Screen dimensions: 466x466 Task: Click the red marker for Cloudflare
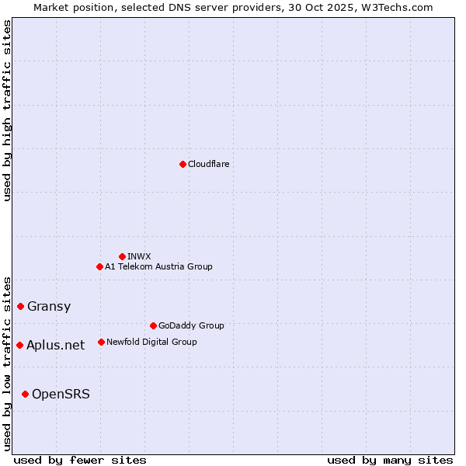click(x=183, y=164)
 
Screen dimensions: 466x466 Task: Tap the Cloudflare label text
click(x=208, y=164)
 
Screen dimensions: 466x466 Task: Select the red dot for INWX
click(x=122, y=256)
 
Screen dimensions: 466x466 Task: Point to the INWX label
click(x=139, y=256)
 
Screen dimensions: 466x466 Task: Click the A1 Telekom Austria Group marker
click(x=99, y=266)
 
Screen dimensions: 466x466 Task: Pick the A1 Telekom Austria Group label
click(x=158, y=266)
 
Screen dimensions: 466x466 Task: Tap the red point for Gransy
click(x=20, y=306)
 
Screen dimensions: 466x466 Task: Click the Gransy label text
click(x=49, y=306)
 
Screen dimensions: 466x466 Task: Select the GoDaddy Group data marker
click(x=153, y=325)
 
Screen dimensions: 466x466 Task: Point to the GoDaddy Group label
click(x=191, y=325)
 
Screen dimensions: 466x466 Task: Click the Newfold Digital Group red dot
click(x=101, y=342)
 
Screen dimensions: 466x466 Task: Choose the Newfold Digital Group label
click(x=151, y=342)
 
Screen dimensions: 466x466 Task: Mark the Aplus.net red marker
click(x=19, y=345)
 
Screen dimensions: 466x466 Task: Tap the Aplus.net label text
click(x=56, y=345)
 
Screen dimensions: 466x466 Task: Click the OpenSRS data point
click(x=25, y=394)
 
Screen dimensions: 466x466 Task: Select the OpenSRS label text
click(x=61, y=394)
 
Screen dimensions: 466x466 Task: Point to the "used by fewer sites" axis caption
click(x=80, y=460)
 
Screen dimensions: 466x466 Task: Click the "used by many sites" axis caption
click(x=390, y=460)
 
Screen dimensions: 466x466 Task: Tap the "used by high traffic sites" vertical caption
click(x=8, y=110)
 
